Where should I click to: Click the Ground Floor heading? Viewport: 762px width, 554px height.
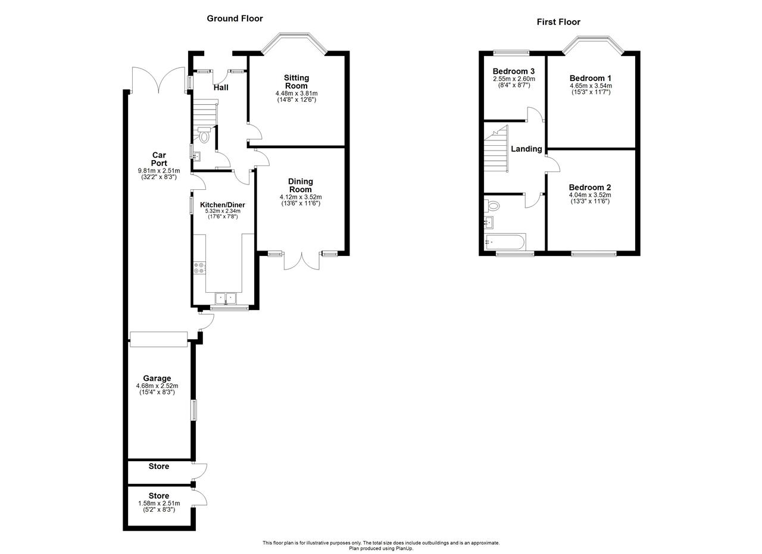(235, 18)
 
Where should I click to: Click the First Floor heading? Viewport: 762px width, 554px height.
(558, 22)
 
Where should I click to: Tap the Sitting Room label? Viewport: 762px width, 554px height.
(296, 82)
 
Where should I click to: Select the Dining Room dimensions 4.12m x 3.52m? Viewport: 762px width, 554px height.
(301, 197)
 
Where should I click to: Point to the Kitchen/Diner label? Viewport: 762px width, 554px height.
(223, 205)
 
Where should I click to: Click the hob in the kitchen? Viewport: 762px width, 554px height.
(199, 268)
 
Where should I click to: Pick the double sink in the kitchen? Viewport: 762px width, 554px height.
(226, 299)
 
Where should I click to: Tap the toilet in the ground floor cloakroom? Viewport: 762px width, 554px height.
(204, 135)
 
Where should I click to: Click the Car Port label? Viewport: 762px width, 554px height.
(159, 159)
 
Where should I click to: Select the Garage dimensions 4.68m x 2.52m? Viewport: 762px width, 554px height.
(157, 386)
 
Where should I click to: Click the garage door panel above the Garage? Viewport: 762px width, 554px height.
(158, 339)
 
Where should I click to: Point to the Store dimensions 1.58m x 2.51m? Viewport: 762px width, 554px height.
(159, 503)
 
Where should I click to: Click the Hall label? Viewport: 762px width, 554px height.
(221, 87)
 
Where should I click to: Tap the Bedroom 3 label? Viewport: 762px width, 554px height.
(514, 71)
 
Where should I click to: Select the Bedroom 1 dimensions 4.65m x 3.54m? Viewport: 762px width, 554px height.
(591, 86)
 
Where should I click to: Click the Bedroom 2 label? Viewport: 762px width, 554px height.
(590, 187)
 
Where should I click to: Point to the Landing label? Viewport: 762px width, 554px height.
(526, 149)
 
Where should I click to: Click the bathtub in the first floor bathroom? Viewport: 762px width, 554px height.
(505, 242)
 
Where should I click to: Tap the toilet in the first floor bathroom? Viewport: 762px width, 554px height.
(492, 205)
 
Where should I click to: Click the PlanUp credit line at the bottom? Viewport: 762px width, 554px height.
(381, 549)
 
